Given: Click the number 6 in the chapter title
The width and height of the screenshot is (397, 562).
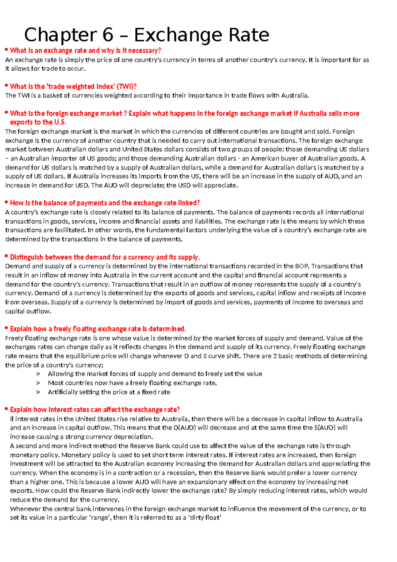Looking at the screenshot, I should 108,35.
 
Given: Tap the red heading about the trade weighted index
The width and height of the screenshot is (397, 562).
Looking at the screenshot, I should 73,86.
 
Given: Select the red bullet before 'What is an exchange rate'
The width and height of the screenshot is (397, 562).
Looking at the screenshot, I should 6,50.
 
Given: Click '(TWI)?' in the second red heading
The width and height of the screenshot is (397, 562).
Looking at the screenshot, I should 127,86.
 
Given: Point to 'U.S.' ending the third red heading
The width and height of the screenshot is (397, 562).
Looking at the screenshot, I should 60,122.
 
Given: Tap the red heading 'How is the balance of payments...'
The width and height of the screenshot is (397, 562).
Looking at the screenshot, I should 105,203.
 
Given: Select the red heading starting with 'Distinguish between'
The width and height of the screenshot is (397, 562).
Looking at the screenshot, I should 105,257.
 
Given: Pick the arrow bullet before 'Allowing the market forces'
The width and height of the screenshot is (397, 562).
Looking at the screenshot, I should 38,374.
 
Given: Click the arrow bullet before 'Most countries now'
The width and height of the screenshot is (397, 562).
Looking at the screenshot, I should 38,383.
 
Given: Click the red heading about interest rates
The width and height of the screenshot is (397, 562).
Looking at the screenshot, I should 95,410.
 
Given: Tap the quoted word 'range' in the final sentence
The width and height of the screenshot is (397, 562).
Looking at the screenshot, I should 101,518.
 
